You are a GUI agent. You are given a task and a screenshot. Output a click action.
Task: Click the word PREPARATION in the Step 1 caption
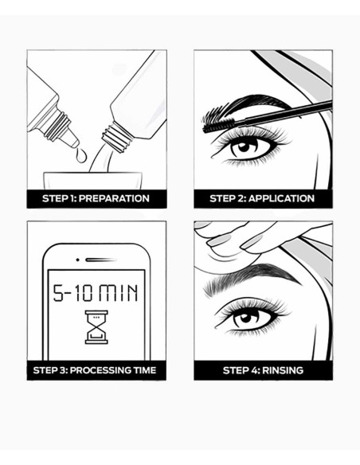tap(115, 198)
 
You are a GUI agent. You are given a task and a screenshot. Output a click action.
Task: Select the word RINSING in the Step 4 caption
tap(284, 370)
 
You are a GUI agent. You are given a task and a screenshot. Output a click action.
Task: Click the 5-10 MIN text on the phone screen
tap(96, 292)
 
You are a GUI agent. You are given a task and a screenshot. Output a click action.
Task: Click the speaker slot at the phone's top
tap(97, 260)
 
